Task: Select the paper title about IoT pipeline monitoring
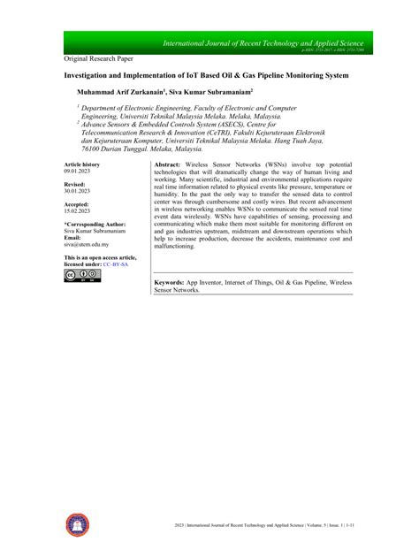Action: click(206, 76)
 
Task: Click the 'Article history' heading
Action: click(82, 165)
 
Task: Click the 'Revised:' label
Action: click(75, 185)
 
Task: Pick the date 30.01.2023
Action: click(78, 192)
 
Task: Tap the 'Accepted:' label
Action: click(78, 204)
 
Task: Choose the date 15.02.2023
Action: click(78, 211)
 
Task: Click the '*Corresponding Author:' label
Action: click(95, 225)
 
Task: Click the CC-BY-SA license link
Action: click(115, 263)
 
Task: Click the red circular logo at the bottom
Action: click(77, 522)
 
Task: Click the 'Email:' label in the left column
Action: click(72, 238)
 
